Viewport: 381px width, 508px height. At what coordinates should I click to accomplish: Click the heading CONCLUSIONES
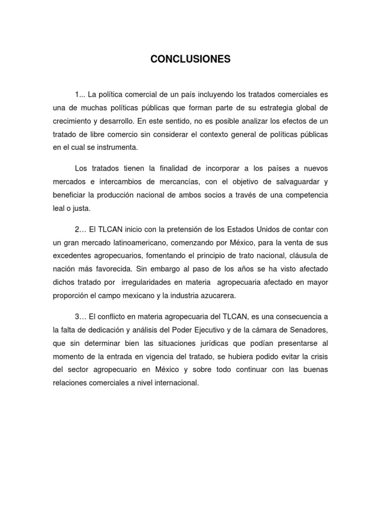tap(190, 60)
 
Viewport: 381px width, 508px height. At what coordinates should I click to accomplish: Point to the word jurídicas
tap(197, 343)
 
